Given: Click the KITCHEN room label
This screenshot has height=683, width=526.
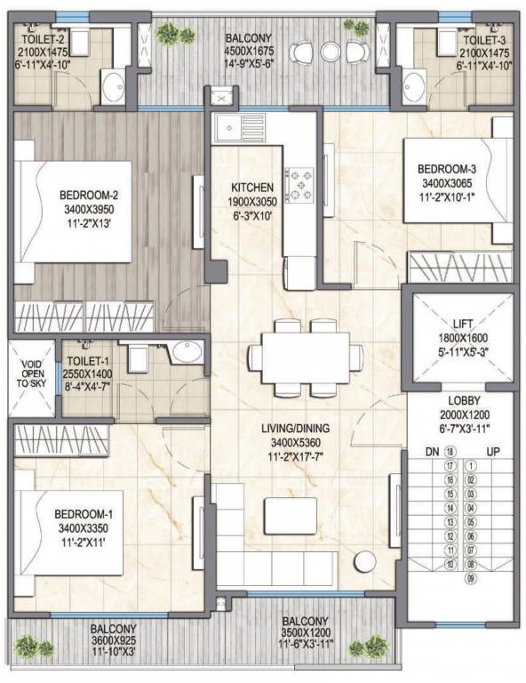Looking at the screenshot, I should [x=251, y=189].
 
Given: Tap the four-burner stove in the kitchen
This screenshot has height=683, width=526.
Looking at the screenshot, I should [x=299, y=183].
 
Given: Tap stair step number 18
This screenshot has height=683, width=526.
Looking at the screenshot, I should [x=450, y=452].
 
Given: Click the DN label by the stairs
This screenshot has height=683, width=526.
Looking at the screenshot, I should [x=430, y=452].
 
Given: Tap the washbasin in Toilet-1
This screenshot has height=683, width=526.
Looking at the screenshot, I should [x=187, y=351].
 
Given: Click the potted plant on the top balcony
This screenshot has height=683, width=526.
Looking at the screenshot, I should [x=166, y=34].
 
